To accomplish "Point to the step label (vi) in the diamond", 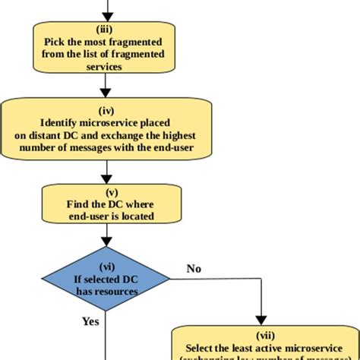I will tap(106, 267).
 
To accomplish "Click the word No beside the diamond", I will tap(194, 267).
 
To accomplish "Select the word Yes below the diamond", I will tap(91, 321).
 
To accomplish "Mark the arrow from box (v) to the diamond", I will tap(106, 235).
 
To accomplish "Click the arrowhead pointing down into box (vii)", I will tap(261, 320).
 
